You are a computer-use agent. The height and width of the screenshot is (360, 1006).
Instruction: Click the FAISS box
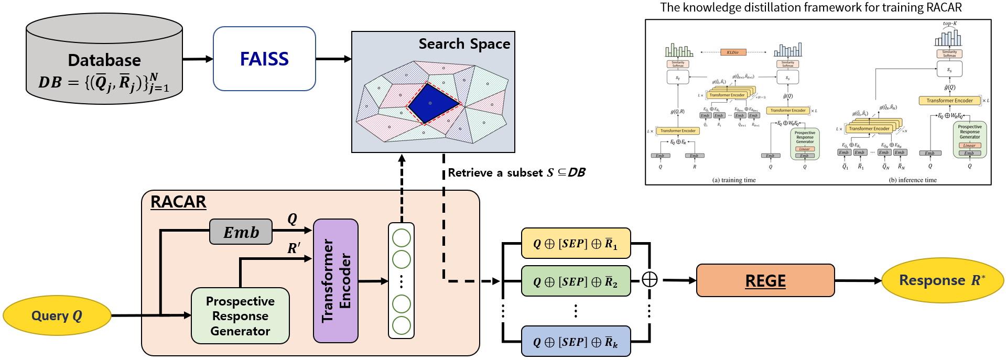[x=264, y=59]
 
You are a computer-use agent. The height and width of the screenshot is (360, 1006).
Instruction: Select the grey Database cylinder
[x=104, y=59]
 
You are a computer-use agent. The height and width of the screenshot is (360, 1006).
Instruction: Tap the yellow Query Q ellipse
[x=57, y=315]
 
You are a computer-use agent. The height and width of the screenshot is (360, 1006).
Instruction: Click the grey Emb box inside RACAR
[x=241, y=232]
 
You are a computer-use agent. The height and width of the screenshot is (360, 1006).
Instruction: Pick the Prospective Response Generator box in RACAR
[x=240, y=315]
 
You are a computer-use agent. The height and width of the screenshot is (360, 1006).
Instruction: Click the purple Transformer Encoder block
[x=336, y=281]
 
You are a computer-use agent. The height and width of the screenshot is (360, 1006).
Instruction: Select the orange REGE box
[x=765, y=281]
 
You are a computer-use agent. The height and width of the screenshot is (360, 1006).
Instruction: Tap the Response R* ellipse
[x=942, y=280]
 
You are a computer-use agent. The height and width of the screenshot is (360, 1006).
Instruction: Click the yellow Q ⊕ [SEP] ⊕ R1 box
[x=576, y=243]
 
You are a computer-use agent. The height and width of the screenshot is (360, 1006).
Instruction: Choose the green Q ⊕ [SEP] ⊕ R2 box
[x=576, y=281]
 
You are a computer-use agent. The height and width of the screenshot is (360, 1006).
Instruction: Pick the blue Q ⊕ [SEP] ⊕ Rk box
[x=576, y=342]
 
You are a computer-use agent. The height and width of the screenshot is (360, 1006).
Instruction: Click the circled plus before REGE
[x=650, y=279]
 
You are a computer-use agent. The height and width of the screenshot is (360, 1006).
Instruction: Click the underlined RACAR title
[x=178, y=202]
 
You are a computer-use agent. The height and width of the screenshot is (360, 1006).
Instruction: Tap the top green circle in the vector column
[x=402, y=238]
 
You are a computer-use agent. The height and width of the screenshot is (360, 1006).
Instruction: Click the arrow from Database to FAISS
[x=198, y=59]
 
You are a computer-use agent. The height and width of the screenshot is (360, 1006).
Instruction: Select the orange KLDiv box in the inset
[x=732, y=52]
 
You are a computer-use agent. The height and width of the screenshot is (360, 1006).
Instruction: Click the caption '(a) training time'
[x=734, y=180]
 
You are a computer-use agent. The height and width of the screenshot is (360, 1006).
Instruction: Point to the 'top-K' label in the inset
[x=949, y=24]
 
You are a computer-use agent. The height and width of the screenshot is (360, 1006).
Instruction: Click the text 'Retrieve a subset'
[x=495, y=173]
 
